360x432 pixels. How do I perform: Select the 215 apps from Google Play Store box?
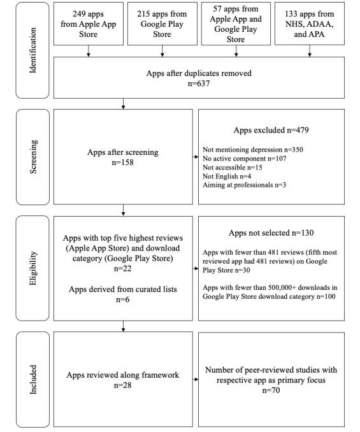(x=163, y=25)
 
